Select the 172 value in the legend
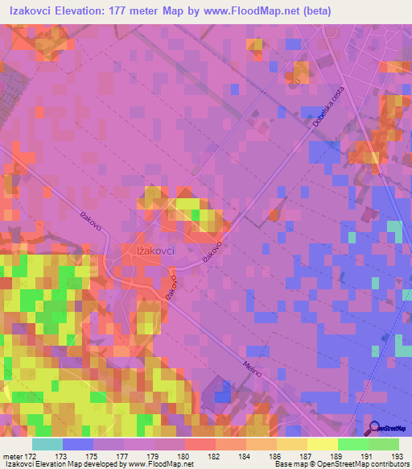click(29, 454)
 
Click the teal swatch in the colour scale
click(47, 443)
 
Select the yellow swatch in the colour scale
click(323, 443)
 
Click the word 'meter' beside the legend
click(10, 454)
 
